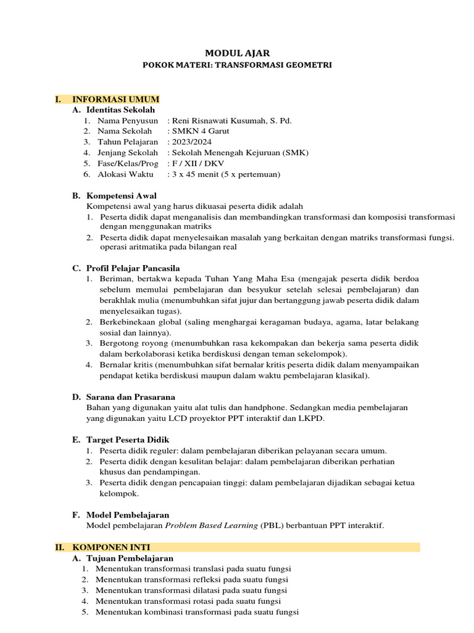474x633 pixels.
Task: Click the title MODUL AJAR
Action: pyautogui.click(x=237, y=54)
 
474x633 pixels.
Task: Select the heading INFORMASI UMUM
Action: pyautogui.click(x=116, y=99)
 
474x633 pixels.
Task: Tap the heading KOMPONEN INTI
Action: pyautogui.click(x=111, y=547)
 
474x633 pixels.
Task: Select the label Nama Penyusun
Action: pyautogui.click(x=128, y=121)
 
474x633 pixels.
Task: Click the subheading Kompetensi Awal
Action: pyautogui.click(x=122, y=196)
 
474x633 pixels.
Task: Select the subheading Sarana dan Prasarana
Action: pyautogui.click(x=131, y=397)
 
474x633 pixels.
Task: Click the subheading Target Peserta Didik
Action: pyautogui.click(x=128, y=440)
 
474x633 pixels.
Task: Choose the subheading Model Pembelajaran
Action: pyautogui.click(x=128, y=514)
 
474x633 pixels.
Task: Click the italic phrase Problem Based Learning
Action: pyautogui.click(x=211, y=525)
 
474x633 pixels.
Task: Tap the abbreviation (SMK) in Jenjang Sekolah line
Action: pyautogui.click(x=294, y=153)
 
